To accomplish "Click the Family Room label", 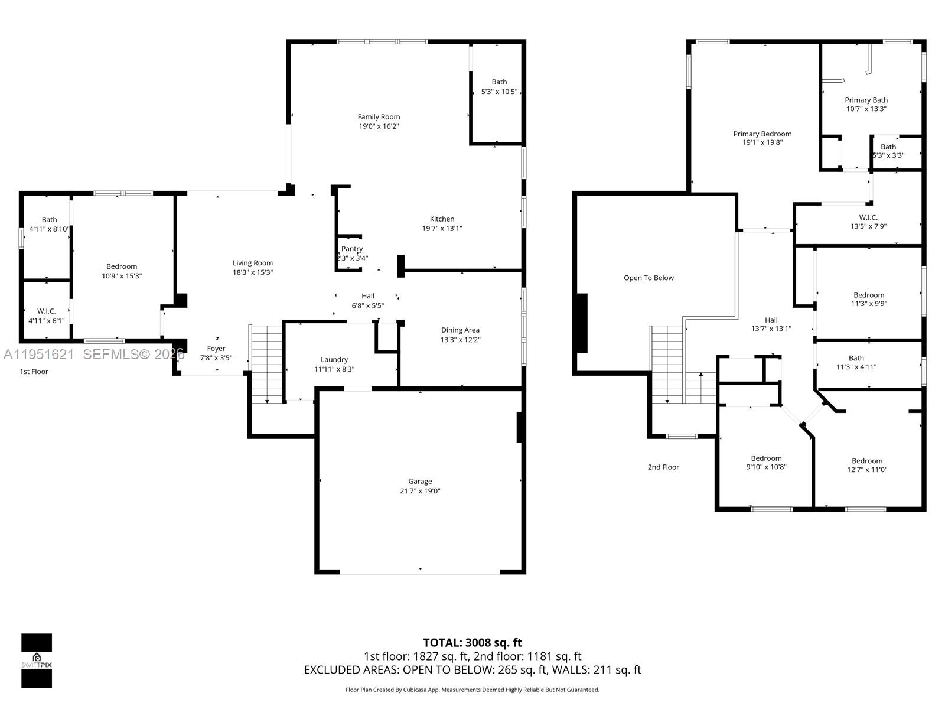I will pos(379,117).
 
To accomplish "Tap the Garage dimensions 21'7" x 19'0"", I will pos(420,491).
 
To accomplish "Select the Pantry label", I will pos(352,249).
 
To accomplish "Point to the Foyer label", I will pos(216,349).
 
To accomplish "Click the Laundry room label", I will pos(334,359).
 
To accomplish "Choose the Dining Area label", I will pos(460,330).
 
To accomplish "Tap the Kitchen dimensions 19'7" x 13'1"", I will pos(442,229).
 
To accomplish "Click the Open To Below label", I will pos(649,278).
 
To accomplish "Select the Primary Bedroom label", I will pos(762,134).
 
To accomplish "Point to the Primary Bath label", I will pos(866,100).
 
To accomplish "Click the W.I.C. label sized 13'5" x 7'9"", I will pos(868,217).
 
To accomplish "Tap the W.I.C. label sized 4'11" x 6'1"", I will pos(47,311).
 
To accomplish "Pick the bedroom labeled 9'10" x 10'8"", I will pos(766,458).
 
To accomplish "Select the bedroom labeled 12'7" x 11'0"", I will pos(867,461).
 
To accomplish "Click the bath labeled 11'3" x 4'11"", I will pos(856,358).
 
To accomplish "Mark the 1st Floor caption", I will pos(34,372).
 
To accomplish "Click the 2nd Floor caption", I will pos(663,467).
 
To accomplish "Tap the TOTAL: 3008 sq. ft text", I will pos(472,643).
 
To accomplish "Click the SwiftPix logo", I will pos(37,661).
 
